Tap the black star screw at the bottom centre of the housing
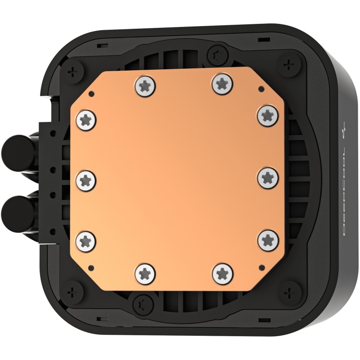point(141,299)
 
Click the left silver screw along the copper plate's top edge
point(144,85)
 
